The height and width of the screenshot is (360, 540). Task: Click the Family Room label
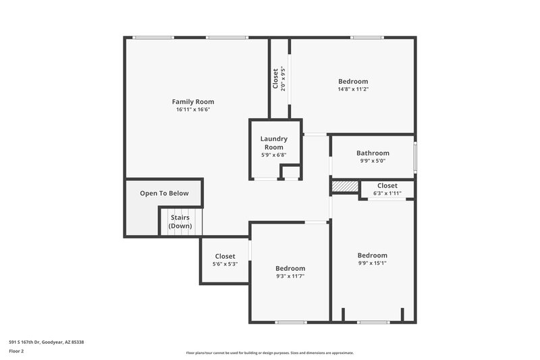[x=193, y=102]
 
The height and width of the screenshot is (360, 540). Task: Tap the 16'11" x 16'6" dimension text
[x=193, y=109]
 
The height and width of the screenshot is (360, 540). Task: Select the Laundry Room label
[x=273, y=143]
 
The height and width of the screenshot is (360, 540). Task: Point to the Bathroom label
[x=373, y=153]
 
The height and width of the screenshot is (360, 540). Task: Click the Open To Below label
[x=164, y=193]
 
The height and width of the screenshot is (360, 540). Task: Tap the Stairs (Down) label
[x=180, y=222]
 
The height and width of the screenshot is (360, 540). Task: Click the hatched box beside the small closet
[x=344, y=186]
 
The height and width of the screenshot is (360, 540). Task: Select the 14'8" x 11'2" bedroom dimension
[x=353, y=89]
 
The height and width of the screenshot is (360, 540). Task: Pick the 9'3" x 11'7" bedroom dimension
[x=290, y=276]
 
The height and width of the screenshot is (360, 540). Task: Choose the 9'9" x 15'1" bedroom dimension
[x=372, y=263]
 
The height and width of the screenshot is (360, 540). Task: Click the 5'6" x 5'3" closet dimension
[x=225, y=264]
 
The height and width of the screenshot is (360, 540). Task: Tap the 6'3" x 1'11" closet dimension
[x=387, y=193]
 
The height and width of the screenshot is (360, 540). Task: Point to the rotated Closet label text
[x=275, y=78]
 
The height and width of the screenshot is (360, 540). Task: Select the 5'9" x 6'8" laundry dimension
[x=273, y=155]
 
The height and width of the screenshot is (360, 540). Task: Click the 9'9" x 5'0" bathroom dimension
[x=373, y=161]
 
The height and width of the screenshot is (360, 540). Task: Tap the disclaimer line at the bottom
[x=269, y=353]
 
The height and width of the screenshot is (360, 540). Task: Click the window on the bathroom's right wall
[x=414, y=156]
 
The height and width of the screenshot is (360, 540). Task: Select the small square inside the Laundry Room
[x=290, y=172]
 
